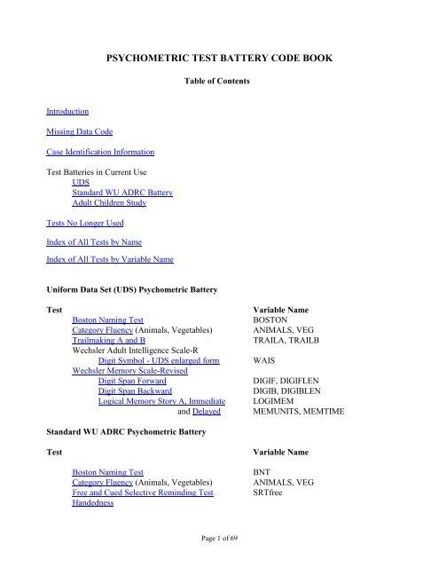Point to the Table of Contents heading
pos(220,80)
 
